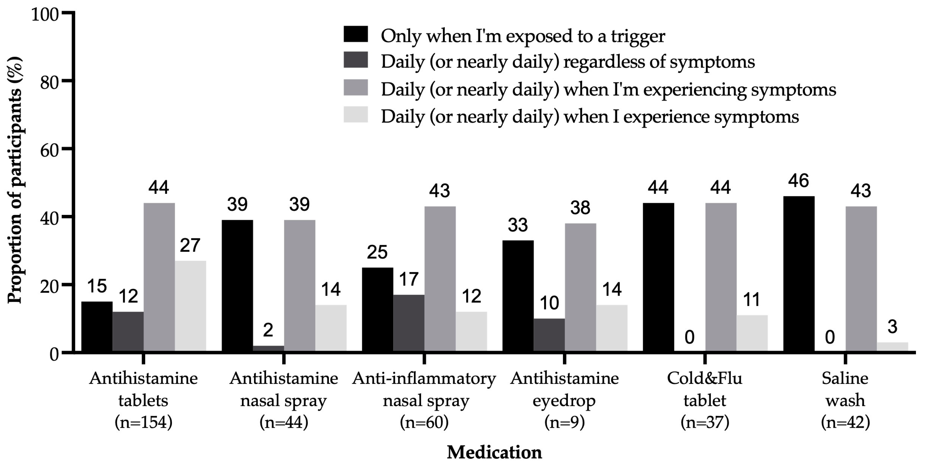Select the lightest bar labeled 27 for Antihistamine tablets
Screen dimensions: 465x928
pos(190,306)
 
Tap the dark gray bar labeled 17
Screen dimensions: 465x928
pos(409,323)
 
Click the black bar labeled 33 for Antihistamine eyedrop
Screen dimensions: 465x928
pos(518,296)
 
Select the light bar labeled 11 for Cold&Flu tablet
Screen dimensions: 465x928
pos(752,333)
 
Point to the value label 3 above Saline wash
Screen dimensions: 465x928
pos(892,327)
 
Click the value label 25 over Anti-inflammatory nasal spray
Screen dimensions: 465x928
pos(377,252)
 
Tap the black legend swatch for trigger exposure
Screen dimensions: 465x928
pos(356,34)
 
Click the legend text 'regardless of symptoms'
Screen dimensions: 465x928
pos(659,62)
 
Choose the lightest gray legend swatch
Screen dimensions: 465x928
pos(356,115)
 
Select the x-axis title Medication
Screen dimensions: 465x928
pos(494,452)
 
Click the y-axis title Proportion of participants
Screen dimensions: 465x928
pos(15,180)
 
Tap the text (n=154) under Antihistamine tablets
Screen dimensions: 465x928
pos(143,422)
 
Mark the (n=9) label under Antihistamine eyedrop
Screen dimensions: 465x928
pos(564,422)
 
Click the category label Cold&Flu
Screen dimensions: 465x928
pos(704,378)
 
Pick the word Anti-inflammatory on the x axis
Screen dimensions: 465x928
pos(424,378)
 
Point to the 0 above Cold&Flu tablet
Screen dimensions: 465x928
pos(689,337)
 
